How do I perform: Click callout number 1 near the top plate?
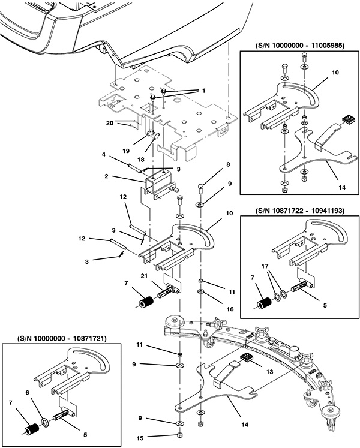203,91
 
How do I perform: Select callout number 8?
211,164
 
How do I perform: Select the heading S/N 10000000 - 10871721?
55,338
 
